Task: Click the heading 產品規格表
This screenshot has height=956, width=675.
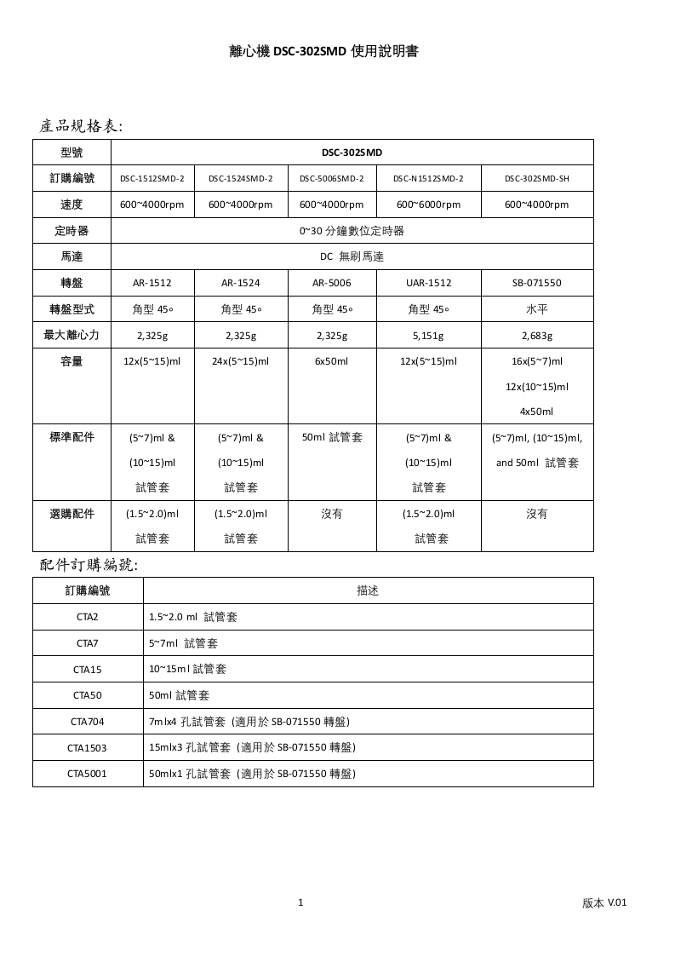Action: pyautogui.click(x=82, y=126)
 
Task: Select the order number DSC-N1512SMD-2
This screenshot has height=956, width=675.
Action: pyautogui.click(x=428, y=179)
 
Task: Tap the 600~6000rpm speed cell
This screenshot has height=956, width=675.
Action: pyautogui.click(x=428, y=204)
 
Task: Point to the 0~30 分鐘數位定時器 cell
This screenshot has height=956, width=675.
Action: pyautogui.click(x=352, y=231)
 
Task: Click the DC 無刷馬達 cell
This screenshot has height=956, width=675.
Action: pyautogui.click(x=352, y=256)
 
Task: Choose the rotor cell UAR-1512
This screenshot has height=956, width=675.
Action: pyautogui.click(x=428, y=283)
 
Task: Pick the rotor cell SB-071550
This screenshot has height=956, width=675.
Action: pyautogui.click(x=536, y=283)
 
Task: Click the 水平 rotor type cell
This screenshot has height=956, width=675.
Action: pyautogui.click(x=536, y=309)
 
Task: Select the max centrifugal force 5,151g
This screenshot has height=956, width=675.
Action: pyautogui.click(x=428, y=336)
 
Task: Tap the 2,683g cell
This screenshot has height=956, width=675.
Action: pyautogui.click(x=536, y=336)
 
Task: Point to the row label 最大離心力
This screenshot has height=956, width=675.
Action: pyautogui.click(x=72, y=336)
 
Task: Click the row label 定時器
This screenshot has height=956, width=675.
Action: pyautogui.click(x=72, y=231)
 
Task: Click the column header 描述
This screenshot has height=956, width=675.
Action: pyautogui.click(x=368, y=590)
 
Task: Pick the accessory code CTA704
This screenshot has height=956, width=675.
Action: pyautogui.click(x=88, y=722)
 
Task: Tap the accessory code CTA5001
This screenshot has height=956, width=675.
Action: pyautogui.click(x=88, y=774)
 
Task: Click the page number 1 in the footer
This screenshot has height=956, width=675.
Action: pyautogui.click(x=300, y=902)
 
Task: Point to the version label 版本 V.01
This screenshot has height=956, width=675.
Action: pyautogui.click(x=604, y=903)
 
